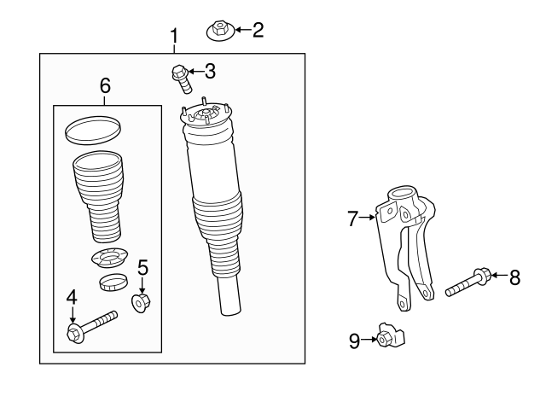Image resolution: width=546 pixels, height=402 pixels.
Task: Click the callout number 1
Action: point(174,37)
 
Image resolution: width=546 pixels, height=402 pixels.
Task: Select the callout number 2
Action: point(258,31)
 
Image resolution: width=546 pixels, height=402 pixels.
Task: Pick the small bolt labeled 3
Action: point(183,78)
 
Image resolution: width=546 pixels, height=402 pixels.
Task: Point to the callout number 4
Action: point(72,297)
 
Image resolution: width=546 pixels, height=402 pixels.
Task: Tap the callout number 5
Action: point(143,268)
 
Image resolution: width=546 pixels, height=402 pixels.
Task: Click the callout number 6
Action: point(105,85)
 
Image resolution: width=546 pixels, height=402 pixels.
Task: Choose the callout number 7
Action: point(354,218)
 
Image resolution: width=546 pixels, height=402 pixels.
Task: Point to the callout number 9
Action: point(354,341)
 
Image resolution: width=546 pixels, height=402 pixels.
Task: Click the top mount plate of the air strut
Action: point(204,115)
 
